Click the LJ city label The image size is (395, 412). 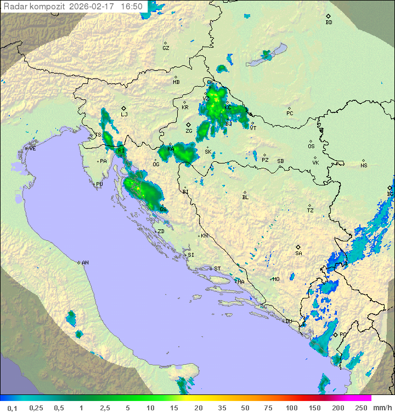point(124,115)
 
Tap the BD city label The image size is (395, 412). point(329,22)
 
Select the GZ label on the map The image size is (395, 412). point(166,48)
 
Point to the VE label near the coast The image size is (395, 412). point(32,149)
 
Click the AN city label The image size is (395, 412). point(85,263)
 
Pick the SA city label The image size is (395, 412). point(298,253)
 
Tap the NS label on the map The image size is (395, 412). point(364,166)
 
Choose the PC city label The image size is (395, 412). point(290,114)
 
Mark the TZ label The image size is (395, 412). point(311,211)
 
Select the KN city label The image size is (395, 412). point(204,236)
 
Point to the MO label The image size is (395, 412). point(276,279)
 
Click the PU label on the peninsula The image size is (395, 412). point(99,184)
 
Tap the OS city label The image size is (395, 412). point(311,146)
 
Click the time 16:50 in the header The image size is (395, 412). point(132,7)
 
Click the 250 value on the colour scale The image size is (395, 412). point(360,408)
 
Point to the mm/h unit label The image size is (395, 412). point(382,408)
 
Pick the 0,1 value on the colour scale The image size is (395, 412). point(12,408)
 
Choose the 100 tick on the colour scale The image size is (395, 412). point(291,408)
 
